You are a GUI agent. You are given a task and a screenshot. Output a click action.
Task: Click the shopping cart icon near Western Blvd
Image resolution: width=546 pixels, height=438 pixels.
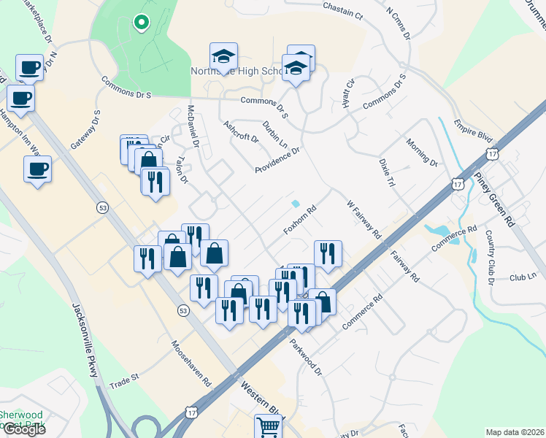pos(268,427)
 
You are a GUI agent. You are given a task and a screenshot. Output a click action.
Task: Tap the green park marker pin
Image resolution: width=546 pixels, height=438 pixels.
pos(141,23)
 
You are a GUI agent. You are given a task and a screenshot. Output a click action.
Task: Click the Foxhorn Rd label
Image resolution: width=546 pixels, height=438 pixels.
pos(300,220)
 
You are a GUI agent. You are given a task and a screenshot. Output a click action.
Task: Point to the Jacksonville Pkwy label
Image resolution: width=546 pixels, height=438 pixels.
pos(84,341)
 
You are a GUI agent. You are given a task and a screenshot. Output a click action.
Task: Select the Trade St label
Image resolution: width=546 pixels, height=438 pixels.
pos(124,378)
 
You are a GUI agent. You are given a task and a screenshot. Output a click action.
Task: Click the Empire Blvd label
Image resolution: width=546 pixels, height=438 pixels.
pos(474,131)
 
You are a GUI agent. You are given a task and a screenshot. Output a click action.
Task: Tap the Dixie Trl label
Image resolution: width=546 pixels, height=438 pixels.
pos(385,173)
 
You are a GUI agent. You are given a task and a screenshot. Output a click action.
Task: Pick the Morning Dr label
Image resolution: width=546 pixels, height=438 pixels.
pos(421,153)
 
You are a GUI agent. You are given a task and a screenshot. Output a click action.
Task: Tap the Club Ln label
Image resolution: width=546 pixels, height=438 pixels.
pos(523,277)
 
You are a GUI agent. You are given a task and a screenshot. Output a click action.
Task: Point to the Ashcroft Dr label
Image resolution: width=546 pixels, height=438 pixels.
pos(241,131)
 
